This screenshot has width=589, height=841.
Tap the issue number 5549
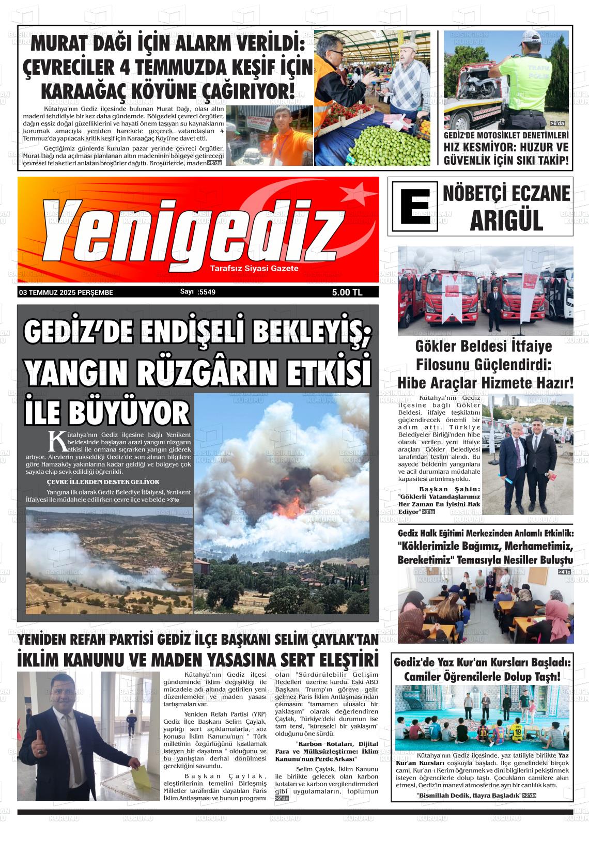pyautogui.click(x=206, y=292)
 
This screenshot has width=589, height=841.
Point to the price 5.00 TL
pyautogui.click(x=347, y=292)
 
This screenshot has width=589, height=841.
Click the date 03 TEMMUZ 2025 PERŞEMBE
pyautogui.click(x=66, y=292)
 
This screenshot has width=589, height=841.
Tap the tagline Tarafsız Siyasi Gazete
pyautogui.click(x=254, y=269)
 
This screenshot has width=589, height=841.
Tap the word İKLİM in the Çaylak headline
pyautogui.click(x=43, y=660)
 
